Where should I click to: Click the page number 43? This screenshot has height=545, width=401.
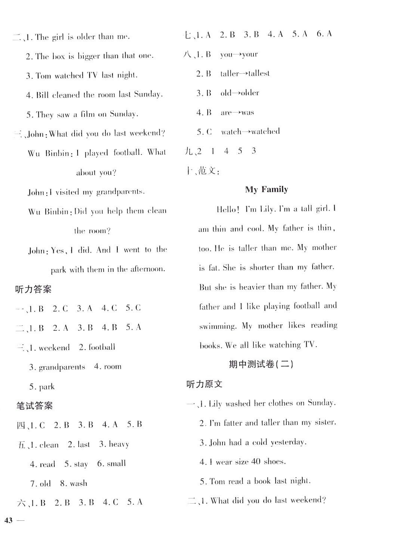coord(9,520)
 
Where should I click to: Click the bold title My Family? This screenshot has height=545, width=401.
coord(266,190)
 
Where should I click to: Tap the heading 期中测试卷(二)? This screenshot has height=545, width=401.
coord(261,364)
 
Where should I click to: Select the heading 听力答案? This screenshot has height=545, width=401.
coord(34,289)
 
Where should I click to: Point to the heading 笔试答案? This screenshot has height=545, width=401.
coord(35,406)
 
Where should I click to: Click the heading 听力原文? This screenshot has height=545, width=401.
coord(204,384)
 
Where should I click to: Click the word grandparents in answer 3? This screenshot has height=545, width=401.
coord(62,367)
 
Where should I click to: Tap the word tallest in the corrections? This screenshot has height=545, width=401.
coord(259,73)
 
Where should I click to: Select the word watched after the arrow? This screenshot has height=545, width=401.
coord(265,132)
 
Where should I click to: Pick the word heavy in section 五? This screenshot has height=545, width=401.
coord(119,444)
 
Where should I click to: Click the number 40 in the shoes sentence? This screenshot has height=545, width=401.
coord(256,462)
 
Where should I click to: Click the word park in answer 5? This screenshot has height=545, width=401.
coord(47,387)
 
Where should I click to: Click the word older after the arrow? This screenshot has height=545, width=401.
coord(250,93)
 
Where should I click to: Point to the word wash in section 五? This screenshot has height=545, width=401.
coord(78,484)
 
